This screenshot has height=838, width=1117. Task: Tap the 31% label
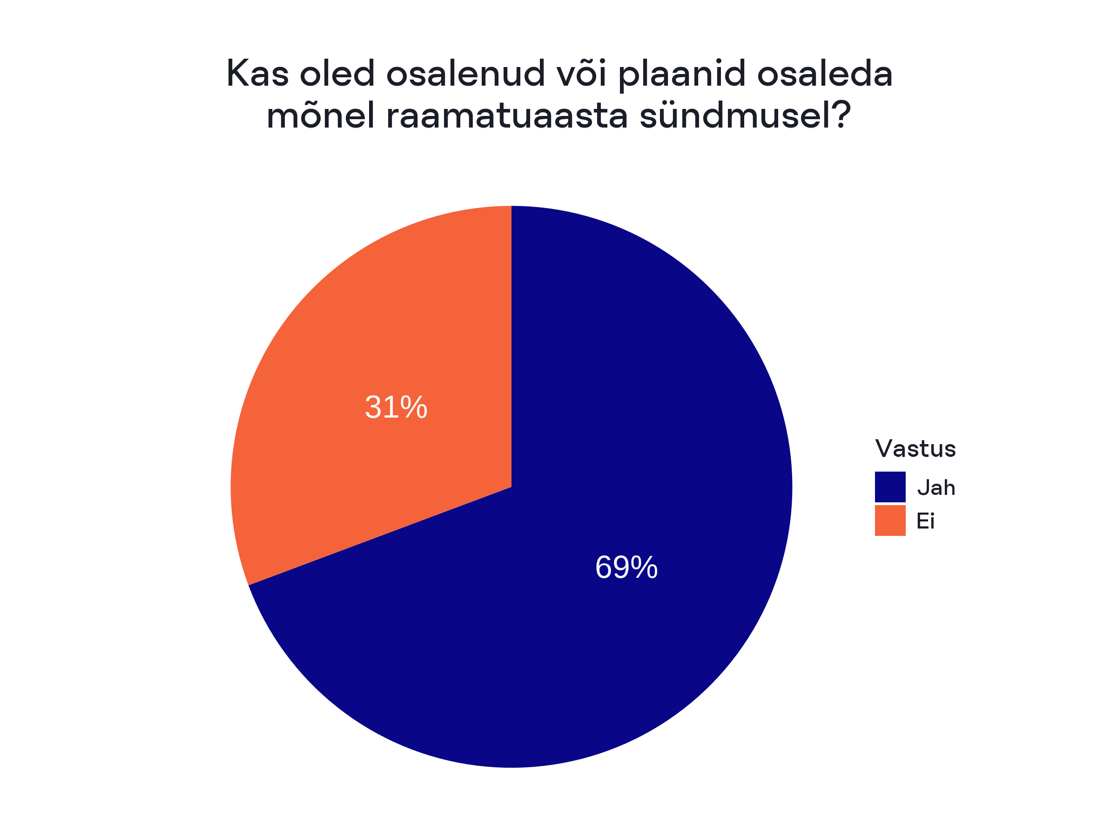[396, 407]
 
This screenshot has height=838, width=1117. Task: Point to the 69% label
[626, 567]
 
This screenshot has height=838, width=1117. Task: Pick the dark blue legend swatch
[890, 487]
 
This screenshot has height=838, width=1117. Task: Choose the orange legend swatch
[890, 520]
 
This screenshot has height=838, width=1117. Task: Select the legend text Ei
[925, 521]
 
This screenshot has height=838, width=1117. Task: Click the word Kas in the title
[257, 73]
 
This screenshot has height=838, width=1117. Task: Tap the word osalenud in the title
[465, 73]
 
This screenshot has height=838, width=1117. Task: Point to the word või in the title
[581, 73]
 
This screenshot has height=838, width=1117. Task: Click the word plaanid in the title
[682, 75]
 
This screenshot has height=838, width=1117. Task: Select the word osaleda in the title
[825, 73]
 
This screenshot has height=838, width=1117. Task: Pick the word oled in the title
[337, 73]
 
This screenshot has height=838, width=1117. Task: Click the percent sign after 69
[644, 567]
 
